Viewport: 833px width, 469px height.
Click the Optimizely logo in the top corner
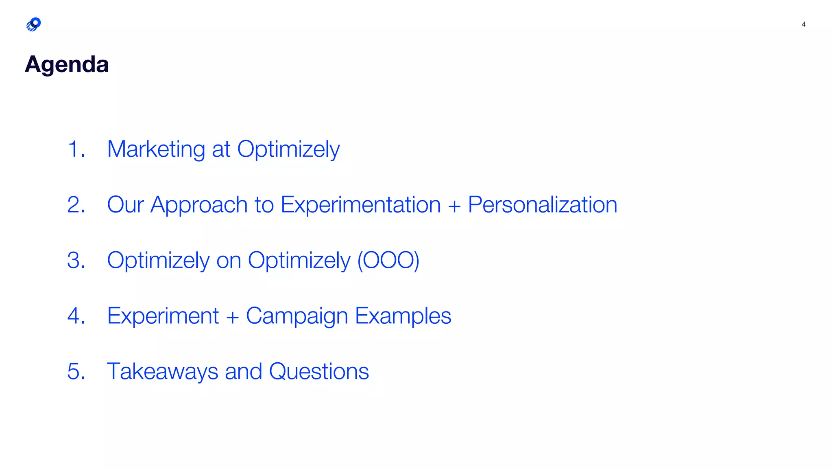(x=33, y=24)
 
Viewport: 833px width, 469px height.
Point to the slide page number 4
(x=803, y=24)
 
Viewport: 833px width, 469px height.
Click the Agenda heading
(x=67, y=64)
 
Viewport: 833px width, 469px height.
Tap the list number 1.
(x=76, y=149)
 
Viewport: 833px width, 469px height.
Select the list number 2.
(x=76, y=204)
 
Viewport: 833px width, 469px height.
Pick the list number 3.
(x=76, y=260)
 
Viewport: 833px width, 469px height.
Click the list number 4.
(x=76, y=316)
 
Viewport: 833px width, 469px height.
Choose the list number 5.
(x=76, y=371)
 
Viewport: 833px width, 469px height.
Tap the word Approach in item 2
(x=199, y=204)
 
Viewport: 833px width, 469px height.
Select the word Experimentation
(x=360, y=204)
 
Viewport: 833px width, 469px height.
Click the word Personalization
(x=543, y=204)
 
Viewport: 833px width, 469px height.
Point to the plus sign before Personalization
(x=454, y=206)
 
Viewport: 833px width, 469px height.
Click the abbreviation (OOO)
(x=388, y=260)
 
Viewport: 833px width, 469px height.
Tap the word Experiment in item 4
(x=163, y=316)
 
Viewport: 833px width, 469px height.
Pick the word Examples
(x=403, y=316)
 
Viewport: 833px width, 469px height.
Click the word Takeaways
(x=162, y=371)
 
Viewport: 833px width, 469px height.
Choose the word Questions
(x=319, y=371)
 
